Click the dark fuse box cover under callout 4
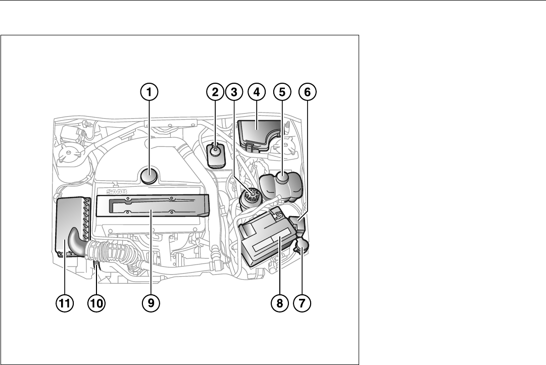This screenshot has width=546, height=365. click(x=258, y=133)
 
